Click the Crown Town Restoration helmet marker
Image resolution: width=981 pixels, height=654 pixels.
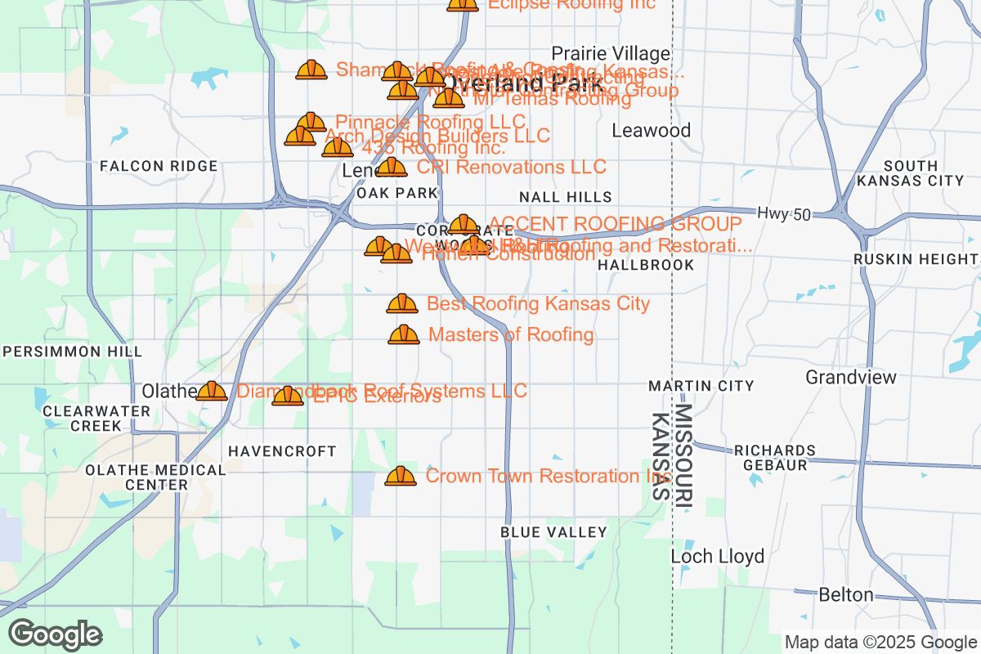401,476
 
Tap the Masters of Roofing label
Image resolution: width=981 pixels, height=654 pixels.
511,334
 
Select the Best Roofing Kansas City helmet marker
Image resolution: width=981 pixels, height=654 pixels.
401,304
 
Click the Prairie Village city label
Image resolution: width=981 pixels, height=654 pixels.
611,53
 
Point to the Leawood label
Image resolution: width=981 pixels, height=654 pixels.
651,130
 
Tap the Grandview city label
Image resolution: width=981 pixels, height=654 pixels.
850,377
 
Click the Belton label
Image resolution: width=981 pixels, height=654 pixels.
846,594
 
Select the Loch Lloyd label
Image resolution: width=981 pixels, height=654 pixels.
717,557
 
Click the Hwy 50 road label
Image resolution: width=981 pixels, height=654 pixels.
783,214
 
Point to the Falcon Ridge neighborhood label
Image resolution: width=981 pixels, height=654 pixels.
159,166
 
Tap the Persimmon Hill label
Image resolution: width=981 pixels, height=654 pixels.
74,352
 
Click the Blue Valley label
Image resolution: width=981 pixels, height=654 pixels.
553,532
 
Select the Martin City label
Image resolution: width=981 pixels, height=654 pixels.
701,385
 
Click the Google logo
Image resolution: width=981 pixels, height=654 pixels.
56,634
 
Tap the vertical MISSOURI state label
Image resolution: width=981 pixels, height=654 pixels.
684,458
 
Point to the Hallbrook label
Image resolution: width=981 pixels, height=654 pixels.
646,265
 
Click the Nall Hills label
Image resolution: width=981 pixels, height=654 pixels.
565,197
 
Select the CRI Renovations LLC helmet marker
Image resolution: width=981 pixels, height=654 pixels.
392,168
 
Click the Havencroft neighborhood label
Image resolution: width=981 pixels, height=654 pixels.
282,451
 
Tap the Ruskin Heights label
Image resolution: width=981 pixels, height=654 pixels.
915,259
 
